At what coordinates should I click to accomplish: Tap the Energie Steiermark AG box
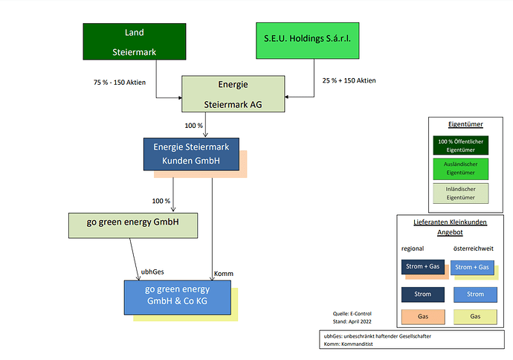tap(234, 94)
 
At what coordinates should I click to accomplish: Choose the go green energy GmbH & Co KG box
tap(177, 295)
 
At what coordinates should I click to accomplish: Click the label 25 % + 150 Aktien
tap(349, 80)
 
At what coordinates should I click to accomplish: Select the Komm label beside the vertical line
tap(223, 274)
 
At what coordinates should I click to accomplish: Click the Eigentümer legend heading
tap(466, 125)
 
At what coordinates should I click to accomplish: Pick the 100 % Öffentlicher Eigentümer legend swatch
tap(466, 145)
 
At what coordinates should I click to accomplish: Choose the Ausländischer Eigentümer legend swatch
tap(466, 168)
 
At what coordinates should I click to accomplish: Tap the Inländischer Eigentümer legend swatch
tap(466, 193)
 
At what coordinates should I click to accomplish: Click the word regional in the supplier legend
tap(413, 248)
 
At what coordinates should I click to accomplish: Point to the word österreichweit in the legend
tap(473, 248)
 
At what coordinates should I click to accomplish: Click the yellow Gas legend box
tap(475, 317)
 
